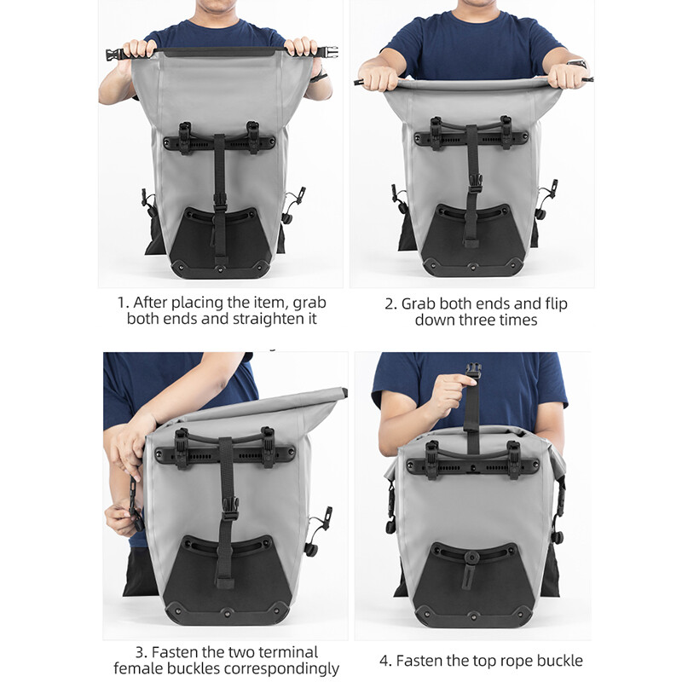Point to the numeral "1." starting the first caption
124,303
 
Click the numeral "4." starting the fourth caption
386,660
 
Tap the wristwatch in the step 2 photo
578,63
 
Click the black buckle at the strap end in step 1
113,55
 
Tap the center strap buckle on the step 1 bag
220,200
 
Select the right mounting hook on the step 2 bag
506,130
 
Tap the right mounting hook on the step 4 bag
513,452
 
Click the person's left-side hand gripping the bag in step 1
139,49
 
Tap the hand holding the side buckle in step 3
119,517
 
